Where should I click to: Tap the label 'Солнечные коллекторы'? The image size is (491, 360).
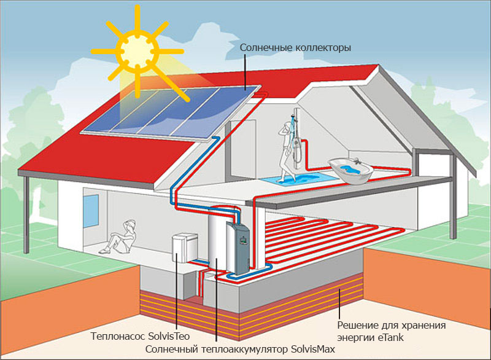click(295, 47)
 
